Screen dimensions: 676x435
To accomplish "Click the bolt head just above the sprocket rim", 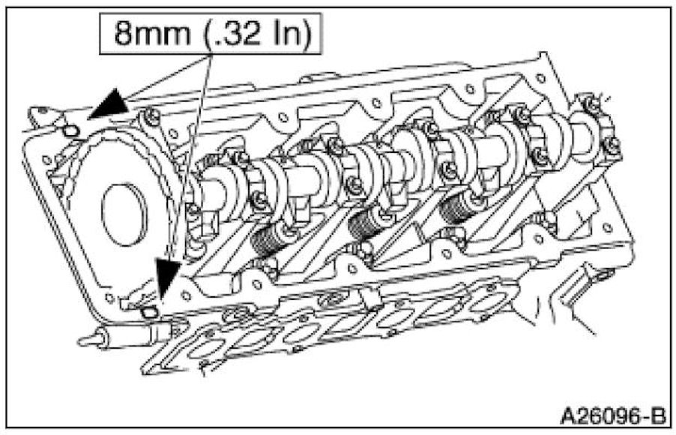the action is (x=151, y=115).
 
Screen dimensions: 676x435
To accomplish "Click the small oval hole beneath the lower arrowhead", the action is (x=148, y=311).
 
